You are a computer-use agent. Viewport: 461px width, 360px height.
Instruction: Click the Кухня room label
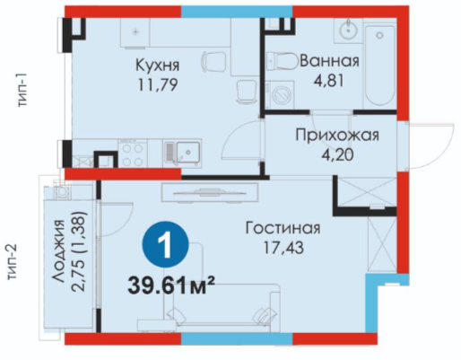click(158, 66)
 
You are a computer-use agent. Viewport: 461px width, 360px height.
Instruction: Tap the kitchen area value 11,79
click(158, 85)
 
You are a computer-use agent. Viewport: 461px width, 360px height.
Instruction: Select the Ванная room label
click(329, 61)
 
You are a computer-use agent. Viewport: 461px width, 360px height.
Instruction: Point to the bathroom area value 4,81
click(328, 81)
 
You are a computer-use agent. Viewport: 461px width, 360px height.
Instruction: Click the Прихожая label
click(337, 136)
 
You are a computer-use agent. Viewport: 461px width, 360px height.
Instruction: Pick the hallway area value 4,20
click(337, 155)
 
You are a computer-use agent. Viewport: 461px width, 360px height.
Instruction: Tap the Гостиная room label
click(283, 228)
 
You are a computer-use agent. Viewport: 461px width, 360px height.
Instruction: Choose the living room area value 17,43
click(283, 248)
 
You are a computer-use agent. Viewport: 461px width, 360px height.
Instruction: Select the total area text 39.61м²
click(171, 285)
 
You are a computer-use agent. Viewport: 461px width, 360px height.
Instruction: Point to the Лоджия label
click(57, 250)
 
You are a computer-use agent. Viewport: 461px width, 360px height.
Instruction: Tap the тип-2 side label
click(13, 262)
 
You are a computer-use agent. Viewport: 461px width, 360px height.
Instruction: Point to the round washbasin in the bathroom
click(348, 30)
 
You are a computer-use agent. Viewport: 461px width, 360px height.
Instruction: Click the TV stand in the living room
click(210, 193)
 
